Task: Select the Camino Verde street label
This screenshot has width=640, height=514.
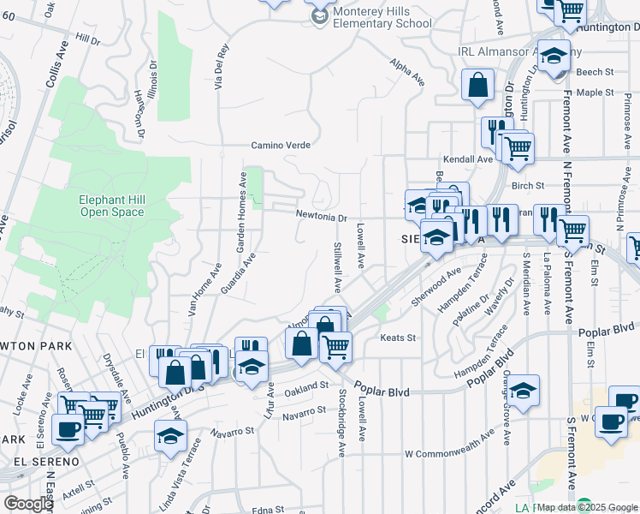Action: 280,146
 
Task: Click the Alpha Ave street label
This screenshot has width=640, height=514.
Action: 406,73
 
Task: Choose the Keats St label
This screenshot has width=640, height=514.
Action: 398,338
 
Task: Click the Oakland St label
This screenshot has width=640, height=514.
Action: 306,386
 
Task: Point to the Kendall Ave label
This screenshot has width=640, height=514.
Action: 467,159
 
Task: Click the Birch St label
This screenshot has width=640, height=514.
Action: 527,185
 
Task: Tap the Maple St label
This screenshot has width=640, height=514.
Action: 596,92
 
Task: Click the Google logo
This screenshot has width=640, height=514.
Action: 28,504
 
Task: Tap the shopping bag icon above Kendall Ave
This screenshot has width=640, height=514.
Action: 477,87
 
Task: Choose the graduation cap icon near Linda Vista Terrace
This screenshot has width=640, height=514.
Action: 171,438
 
